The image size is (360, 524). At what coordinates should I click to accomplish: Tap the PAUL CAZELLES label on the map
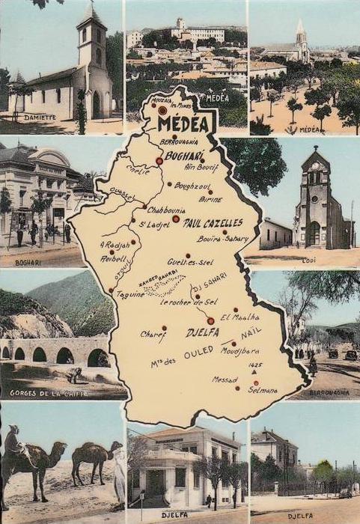point(213,222)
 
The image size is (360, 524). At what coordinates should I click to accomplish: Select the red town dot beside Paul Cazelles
point(176,219)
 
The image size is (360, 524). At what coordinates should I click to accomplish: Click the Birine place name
point(211,199)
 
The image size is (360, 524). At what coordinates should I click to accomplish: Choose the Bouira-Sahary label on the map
point(222,239)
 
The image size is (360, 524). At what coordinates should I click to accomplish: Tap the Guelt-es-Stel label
point(190,262)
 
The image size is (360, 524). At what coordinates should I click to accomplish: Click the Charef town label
point(153,334)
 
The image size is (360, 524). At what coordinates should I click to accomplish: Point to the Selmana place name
point(263,391)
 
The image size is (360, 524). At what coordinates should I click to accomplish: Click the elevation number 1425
point(256,365)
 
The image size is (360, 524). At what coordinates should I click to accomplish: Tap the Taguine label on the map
point(129,294)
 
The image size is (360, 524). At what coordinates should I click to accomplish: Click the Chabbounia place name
point(166,210)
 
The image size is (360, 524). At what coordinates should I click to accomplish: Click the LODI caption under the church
point(309,260)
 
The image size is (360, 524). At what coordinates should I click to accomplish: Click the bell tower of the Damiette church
point(92,37)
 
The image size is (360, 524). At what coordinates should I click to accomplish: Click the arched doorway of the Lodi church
point(314,234)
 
